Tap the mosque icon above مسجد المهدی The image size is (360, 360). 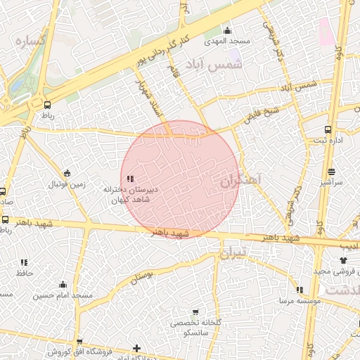[226, 31]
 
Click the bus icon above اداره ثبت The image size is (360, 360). [328, 129]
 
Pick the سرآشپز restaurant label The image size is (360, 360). [331, 182]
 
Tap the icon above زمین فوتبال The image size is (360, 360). [67, 174]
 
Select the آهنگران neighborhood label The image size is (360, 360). [239, 181]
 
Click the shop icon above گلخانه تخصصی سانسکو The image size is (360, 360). [195, 312]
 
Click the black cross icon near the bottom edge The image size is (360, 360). [136, 347]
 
